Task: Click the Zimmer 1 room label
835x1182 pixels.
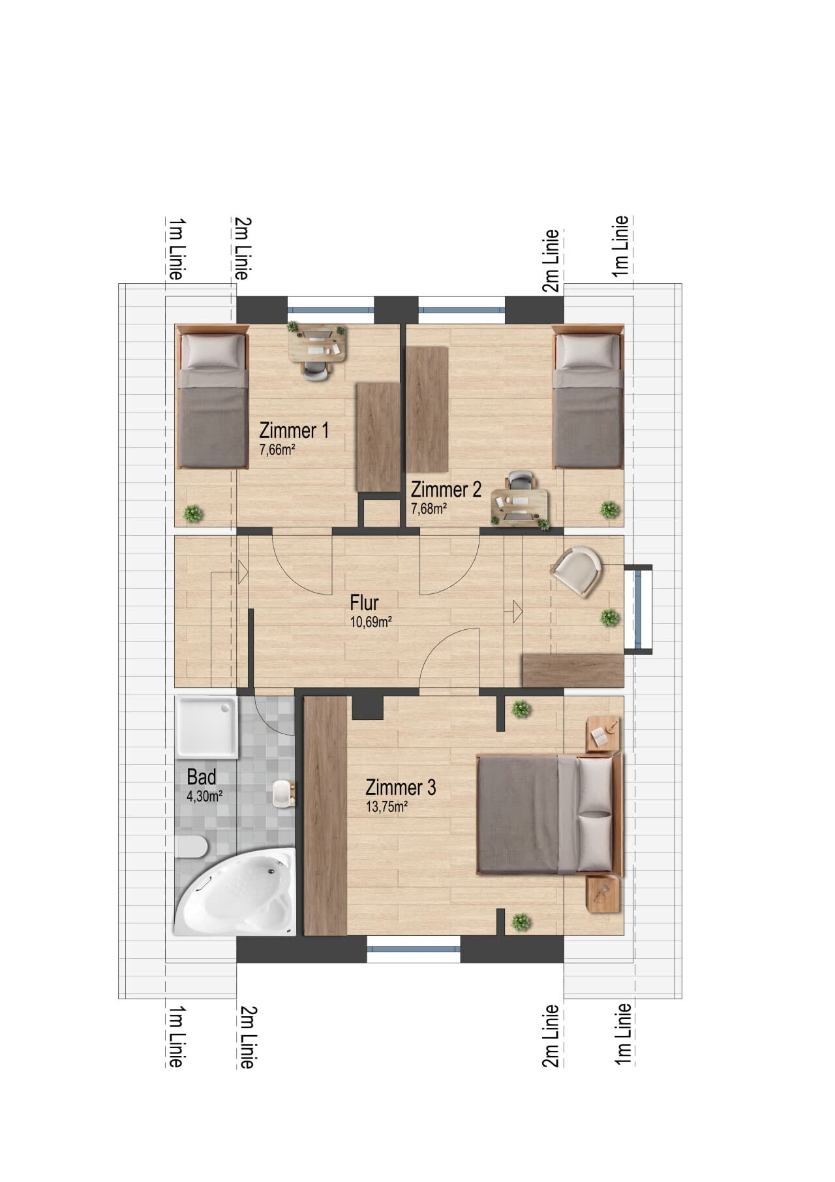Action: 294,431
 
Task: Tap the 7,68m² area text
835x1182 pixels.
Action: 429,508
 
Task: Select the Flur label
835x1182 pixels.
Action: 364,602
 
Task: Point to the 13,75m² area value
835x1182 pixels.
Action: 387,807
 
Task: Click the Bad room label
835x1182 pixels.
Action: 202,777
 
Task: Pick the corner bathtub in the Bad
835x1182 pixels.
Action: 235,892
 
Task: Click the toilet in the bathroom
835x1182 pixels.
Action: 192,847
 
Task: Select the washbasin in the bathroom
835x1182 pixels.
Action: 284,793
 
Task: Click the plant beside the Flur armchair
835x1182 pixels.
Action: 610,617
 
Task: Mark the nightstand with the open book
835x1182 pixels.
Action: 603,734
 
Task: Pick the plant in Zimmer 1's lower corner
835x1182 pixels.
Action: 193,514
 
